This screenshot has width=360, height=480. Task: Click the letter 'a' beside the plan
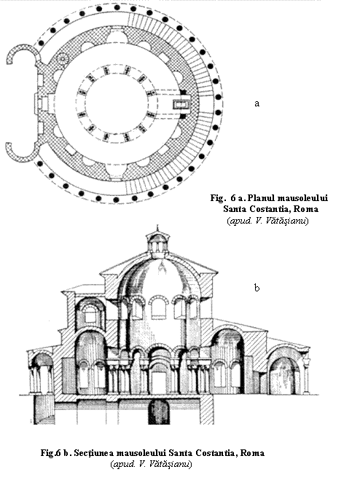click(257, 103)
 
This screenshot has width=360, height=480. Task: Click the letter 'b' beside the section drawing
click(257, 288)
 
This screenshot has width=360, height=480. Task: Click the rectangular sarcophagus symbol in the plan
click(181, 105)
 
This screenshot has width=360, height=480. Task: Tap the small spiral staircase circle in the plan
click(62, 57)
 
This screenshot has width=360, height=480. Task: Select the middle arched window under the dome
click(159, 307)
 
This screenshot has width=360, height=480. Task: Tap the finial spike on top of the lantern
click(157, 228)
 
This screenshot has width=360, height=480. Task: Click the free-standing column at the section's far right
click(306, 377)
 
